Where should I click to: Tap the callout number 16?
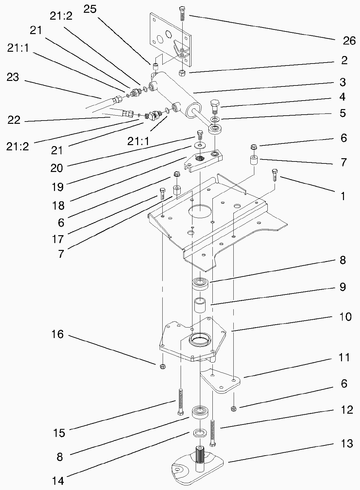point(58,334)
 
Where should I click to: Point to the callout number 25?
point(90,9)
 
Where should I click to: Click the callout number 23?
point(13,77)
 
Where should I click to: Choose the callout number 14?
point(58,481)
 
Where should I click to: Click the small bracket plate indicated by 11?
point(221,381)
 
